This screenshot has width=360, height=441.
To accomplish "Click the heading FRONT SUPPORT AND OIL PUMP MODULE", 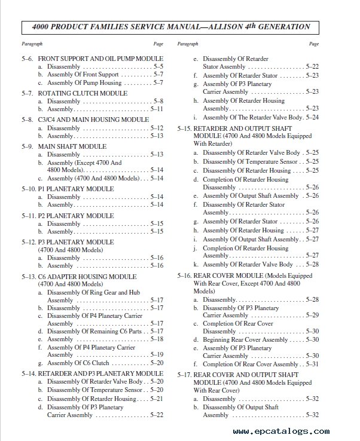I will [100, 59].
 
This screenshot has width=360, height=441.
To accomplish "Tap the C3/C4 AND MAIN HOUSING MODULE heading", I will [93, 120].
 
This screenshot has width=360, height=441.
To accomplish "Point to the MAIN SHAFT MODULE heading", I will [72, 146].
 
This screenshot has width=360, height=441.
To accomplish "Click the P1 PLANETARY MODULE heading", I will [76, 189].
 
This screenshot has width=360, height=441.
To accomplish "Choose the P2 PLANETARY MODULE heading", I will [76, 216].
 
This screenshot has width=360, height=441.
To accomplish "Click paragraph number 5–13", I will [28, 277].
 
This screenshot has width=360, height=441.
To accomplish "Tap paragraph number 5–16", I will [184, 276].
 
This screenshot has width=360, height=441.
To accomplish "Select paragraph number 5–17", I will [184, 375].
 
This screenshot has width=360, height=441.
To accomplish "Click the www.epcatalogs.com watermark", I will [281, 431].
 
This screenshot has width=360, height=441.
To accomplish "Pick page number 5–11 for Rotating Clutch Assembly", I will [157, 109].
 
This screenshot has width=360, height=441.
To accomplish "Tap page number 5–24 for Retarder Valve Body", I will [312, 117].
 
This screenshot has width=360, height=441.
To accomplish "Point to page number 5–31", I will [312, 365].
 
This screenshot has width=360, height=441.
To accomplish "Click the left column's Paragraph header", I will [32, 44].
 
